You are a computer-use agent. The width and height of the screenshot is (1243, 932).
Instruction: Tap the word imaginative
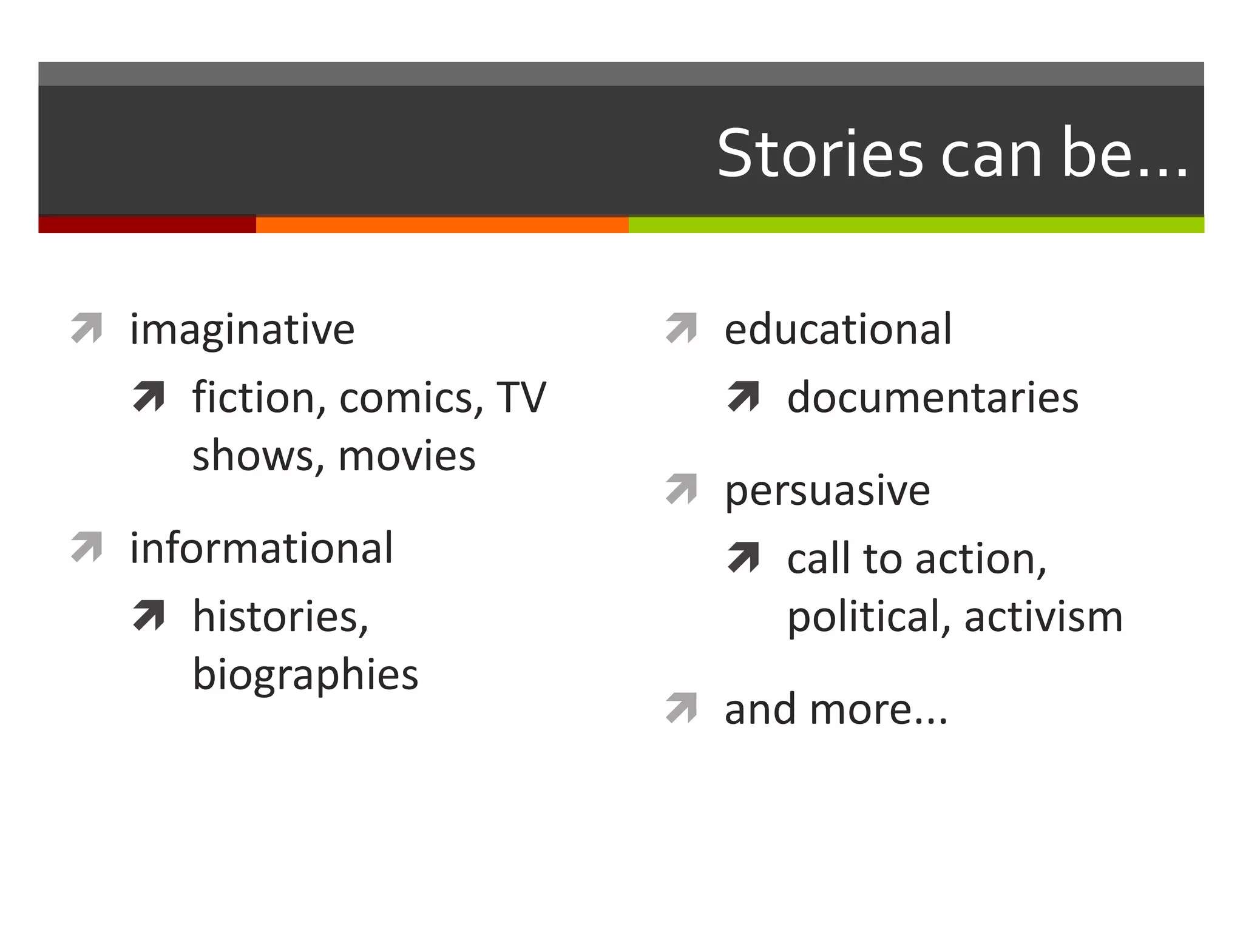coord(242,329)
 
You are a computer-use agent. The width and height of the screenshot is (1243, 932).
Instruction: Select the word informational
coord(262,548)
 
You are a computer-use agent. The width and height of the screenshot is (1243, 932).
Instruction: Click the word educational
coord(838,329)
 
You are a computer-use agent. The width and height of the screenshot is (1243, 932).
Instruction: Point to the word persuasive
coord(827,490)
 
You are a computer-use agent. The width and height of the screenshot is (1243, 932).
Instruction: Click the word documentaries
coord(932,398)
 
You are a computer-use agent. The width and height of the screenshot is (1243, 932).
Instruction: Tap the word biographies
coord(305,675)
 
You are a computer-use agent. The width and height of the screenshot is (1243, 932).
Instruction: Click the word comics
coord(411,398)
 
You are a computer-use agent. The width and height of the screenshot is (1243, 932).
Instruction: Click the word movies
coord(407,456)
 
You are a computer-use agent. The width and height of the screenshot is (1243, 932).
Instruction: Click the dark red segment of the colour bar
coord(147,225)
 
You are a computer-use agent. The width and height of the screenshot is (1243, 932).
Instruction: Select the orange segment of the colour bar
coord(442,225)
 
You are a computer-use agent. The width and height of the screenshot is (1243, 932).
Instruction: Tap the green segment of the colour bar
coord(916,225)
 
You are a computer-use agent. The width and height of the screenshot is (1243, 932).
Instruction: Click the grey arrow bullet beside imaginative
coord(87,328)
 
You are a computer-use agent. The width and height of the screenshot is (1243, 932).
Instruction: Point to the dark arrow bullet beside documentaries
coord(743,396)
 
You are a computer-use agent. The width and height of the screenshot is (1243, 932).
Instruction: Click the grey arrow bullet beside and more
coord(681,708)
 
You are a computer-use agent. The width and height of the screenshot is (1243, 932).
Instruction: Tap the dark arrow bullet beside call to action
coord(743,557)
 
